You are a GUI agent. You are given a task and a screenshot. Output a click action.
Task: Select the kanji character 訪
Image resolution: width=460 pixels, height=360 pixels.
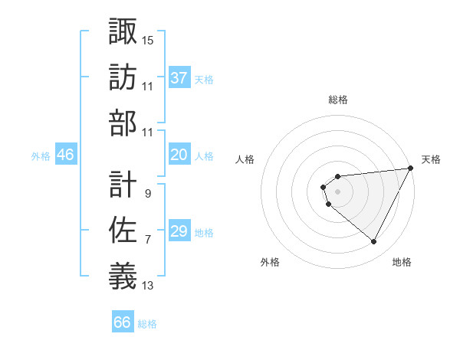[123, 77]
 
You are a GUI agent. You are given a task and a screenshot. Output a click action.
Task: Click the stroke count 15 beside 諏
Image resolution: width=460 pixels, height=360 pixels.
[148, 40]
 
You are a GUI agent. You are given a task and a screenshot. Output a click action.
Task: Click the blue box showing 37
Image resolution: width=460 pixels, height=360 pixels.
[179, 78]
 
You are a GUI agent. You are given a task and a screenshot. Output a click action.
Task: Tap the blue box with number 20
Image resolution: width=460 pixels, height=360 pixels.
[179, 155]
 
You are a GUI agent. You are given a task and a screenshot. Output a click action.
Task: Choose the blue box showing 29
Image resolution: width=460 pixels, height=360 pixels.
[179, 231]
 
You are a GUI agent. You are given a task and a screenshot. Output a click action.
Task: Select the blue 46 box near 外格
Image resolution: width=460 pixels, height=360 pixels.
[66, 155]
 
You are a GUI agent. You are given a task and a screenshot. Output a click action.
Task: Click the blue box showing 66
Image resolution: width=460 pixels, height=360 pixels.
[123, 322]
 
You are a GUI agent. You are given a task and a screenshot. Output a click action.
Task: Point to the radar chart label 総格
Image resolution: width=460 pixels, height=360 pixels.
[338, 100]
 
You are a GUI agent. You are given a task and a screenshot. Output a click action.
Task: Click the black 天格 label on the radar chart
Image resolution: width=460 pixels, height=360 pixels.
[431, 159]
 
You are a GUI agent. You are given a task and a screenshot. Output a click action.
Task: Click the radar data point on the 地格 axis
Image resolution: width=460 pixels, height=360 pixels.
[374, 242]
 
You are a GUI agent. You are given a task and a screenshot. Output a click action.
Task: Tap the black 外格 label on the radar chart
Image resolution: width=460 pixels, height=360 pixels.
[270, 262]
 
